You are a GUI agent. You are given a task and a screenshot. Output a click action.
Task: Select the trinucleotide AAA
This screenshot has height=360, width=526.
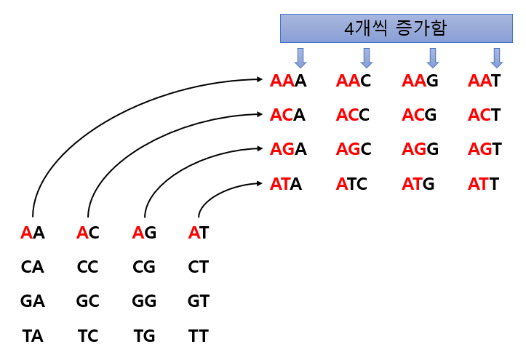coord(288,81)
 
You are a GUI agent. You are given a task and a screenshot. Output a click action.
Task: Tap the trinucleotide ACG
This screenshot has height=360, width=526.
coord(420,115)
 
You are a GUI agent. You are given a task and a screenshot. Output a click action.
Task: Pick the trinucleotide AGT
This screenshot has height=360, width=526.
coord(485,149)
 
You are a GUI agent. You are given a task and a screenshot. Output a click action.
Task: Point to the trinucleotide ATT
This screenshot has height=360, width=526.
coord(484,184)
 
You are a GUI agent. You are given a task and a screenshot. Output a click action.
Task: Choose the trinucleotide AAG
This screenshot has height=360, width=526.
coord(420,81)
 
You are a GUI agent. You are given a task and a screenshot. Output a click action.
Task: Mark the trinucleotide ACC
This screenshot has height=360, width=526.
coord(354,115)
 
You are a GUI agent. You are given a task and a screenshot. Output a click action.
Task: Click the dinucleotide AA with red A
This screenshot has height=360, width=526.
coord(33,233)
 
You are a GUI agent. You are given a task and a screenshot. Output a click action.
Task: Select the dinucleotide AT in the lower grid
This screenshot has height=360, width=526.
coord(199,233)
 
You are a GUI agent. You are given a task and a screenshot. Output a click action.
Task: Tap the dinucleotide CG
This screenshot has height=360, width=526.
coord(144,267)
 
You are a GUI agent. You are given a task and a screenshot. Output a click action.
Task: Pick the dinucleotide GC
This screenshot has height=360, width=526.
coord(88,301)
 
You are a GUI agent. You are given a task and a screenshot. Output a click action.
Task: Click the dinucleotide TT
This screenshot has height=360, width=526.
coord(199,336)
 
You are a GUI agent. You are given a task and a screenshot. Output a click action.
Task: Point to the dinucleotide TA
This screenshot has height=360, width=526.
coord(33,336)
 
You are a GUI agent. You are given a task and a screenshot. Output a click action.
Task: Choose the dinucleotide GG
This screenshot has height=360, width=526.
coord(144,301)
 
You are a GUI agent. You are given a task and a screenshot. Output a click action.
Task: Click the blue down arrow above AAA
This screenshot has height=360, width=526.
coord(300,57)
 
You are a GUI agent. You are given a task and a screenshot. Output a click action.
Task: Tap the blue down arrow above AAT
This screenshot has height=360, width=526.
coord(498,57)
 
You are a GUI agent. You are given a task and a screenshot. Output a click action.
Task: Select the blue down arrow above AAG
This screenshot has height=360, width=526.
coord(432,57)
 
